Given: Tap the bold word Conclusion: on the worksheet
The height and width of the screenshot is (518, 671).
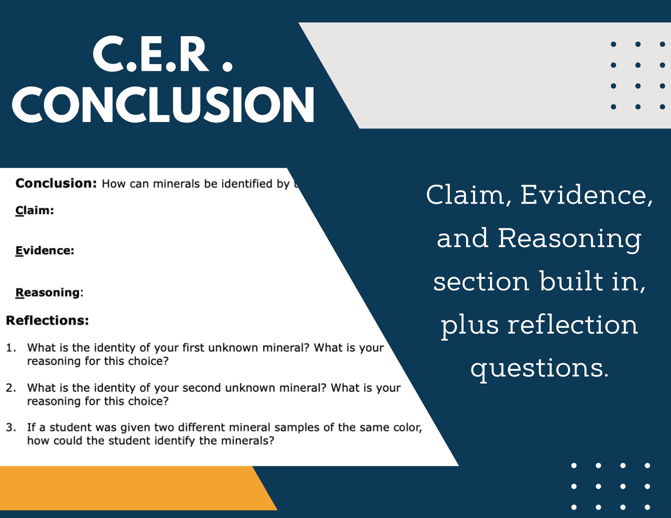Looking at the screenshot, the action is tap(56, 183).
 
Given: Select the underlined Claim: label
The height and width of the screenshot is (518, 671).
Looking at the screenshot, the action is tap(35, 210).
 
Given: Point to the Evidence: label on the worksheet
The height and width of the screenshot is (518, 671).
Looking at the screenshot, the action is tap(45, 251).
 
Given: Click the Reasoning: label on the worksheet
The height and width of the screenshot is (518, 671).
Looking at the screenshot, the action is tap(49, 293).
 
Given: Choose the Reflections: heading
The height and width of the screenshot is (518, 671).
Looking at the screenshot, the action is tap(48, 321).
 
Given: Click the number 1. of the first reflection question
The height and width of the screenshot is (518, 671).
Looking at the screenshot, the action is tap(11, 348).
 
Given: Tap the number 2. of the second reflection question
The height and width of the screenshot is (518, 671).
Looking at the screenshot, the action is tap(11, 388).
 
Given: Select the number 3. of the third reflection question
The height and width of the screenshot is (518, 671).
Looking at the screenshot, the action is tap(11, 428).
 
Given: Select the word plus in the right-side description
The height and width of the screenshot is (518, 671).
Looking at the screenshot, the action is tap(470, 325).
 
